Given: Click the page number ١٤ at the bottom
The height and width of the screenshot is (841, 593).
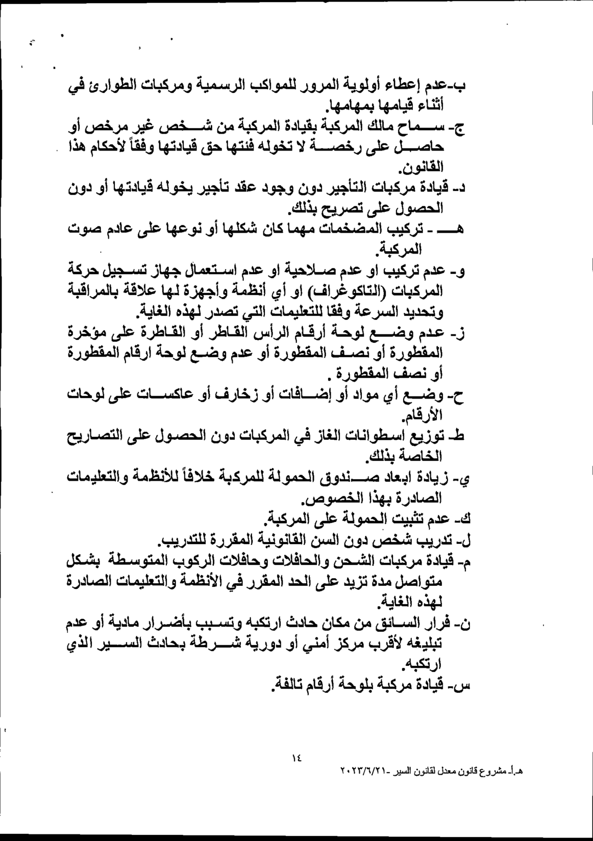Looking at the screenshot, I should (x=297, y=758).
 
